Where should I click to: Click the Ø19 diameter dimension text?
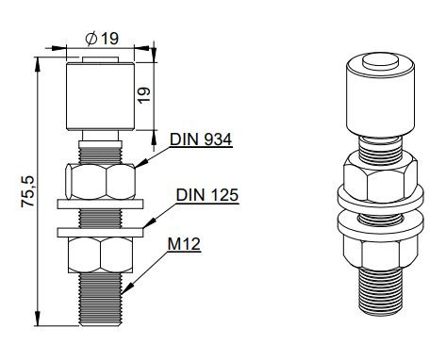102,40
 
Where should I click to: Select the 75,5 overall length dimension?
27,188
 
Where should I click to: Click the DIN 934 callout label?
201,139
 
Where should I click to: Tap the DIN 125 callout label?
207,195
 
